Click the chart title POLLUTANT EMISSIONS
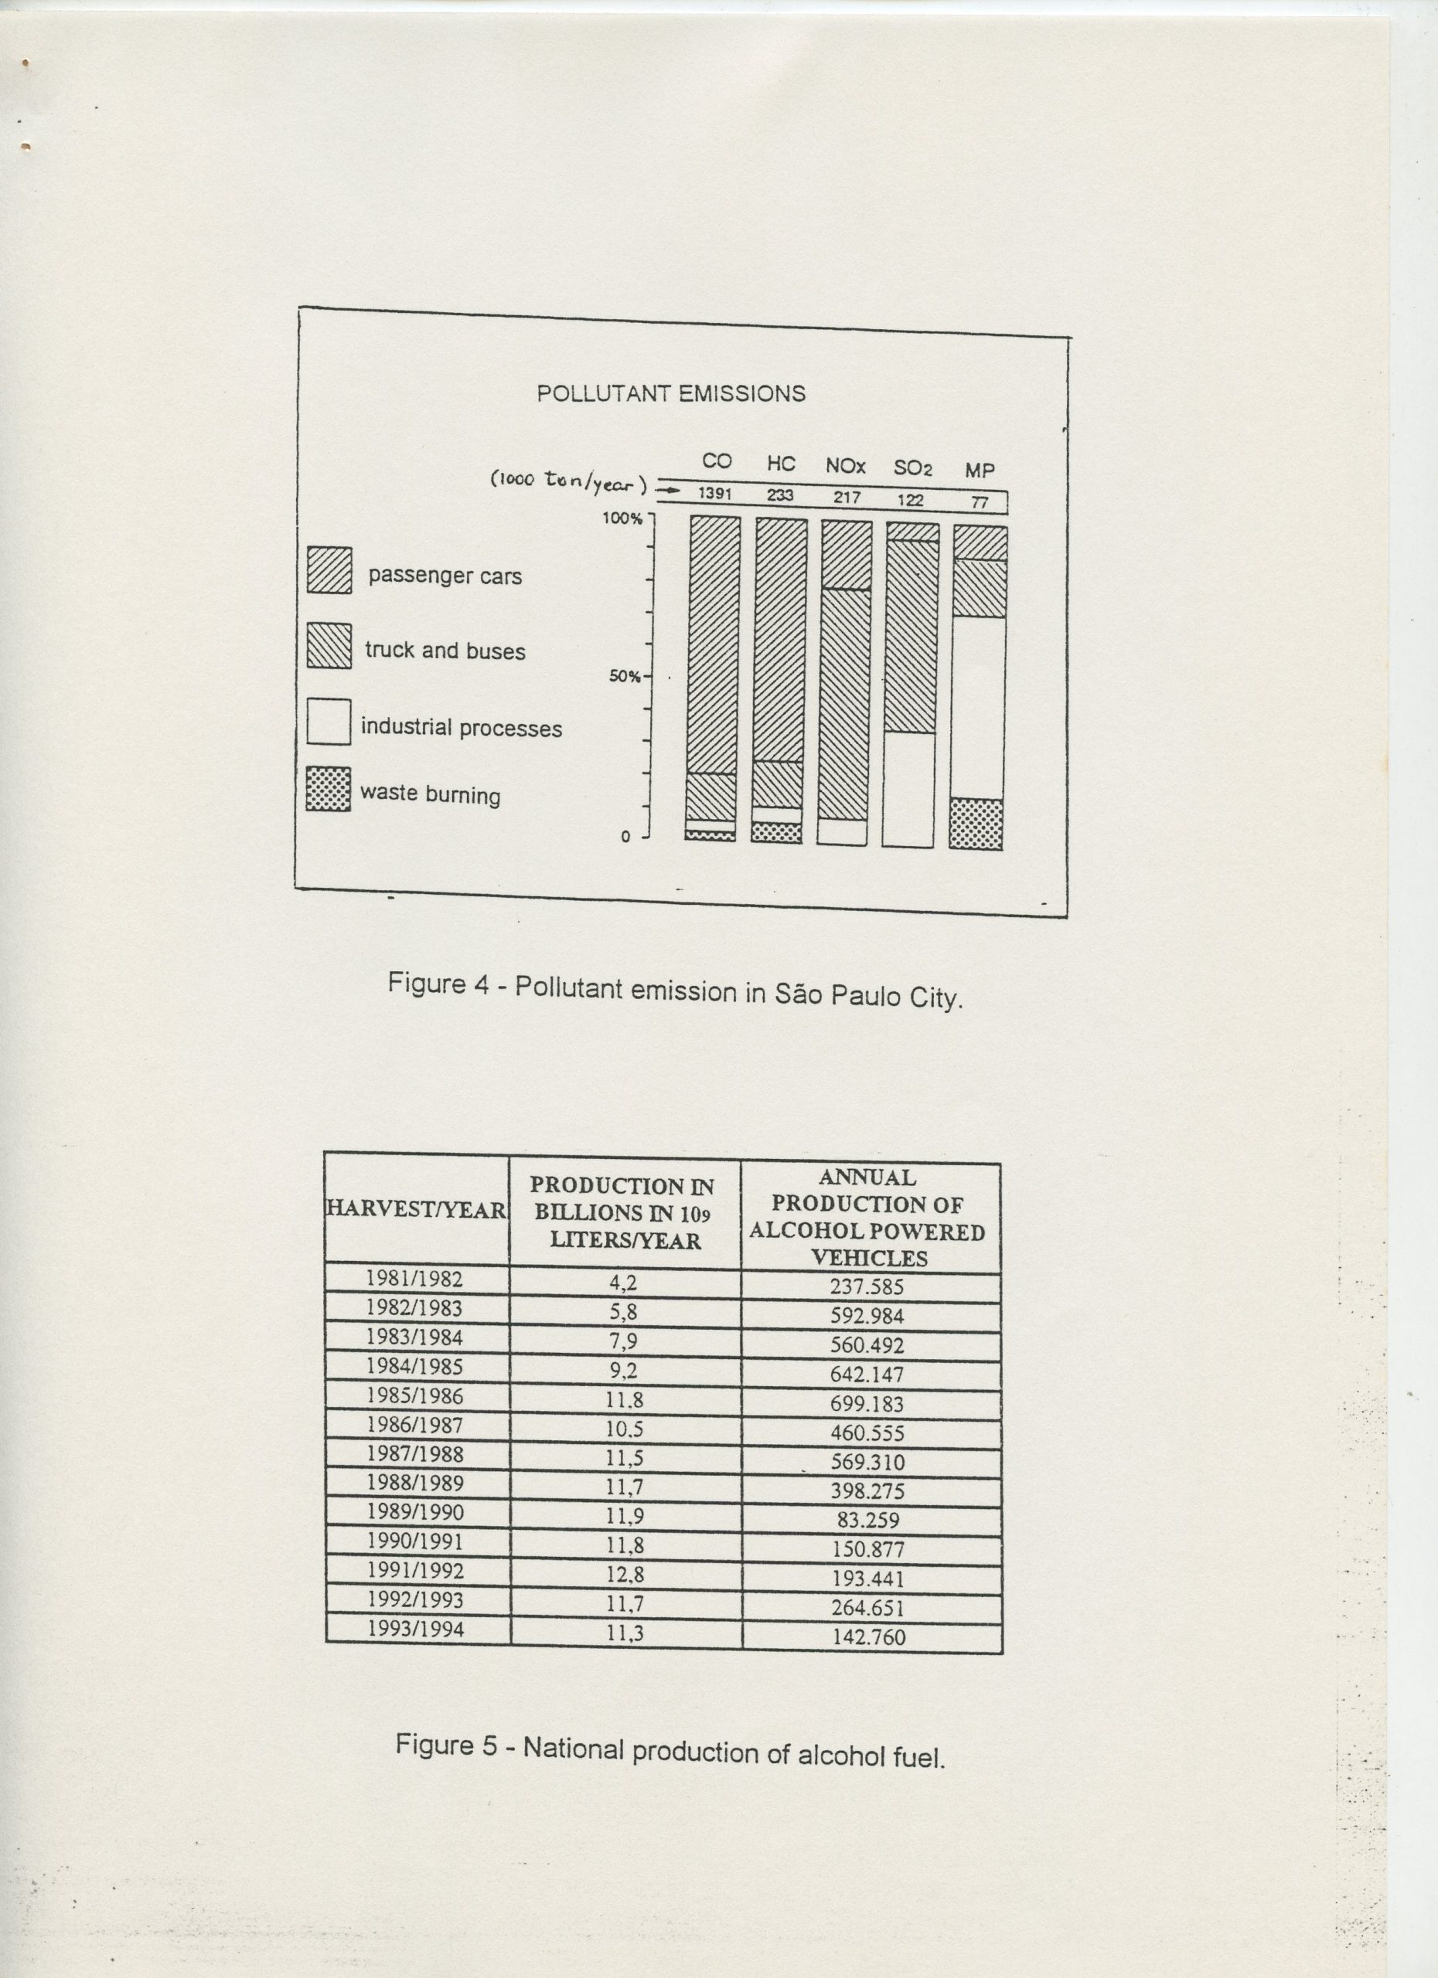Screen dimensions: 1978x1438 670,393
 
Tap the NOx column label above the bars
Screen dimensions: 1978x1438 845,467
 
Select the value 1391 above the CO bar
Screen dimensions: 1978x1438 714,494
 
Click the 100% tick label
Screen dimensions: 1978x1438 622,518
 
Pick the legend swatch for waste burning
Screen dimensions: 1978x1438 328,790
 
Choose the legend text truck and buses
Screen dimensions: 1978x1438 445,651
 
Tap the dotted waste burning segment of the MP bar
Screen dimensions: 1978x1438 976,824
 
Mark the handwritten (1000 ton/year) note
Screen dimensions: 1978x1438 569,481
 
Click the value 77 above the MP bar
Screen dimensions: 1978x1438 979,503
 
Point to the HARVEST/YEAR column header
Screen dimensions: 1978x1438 415,1210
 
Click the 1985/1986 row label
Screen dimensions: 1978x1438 414,1396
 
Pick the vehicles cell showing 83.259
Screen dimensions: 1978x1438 868,1520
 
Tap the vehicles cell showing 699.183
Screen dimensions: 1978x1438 867,1403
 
